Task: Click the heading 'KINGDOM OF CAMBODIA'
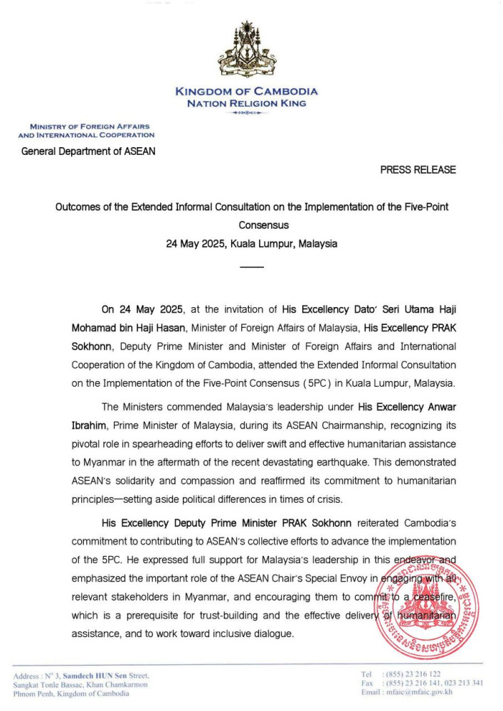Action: [x=246, y=92]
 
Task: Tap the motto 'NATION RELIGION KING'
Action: [x=246, y=103]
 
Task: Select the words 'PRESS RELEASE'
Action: [x=418, y=170]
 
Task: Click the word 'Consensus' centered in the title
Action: [x=252, y=225]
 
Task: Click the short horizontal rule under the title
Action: [x=252, y=267]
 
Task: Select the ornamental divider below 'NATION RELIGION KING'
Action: [x=246, y=113]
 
